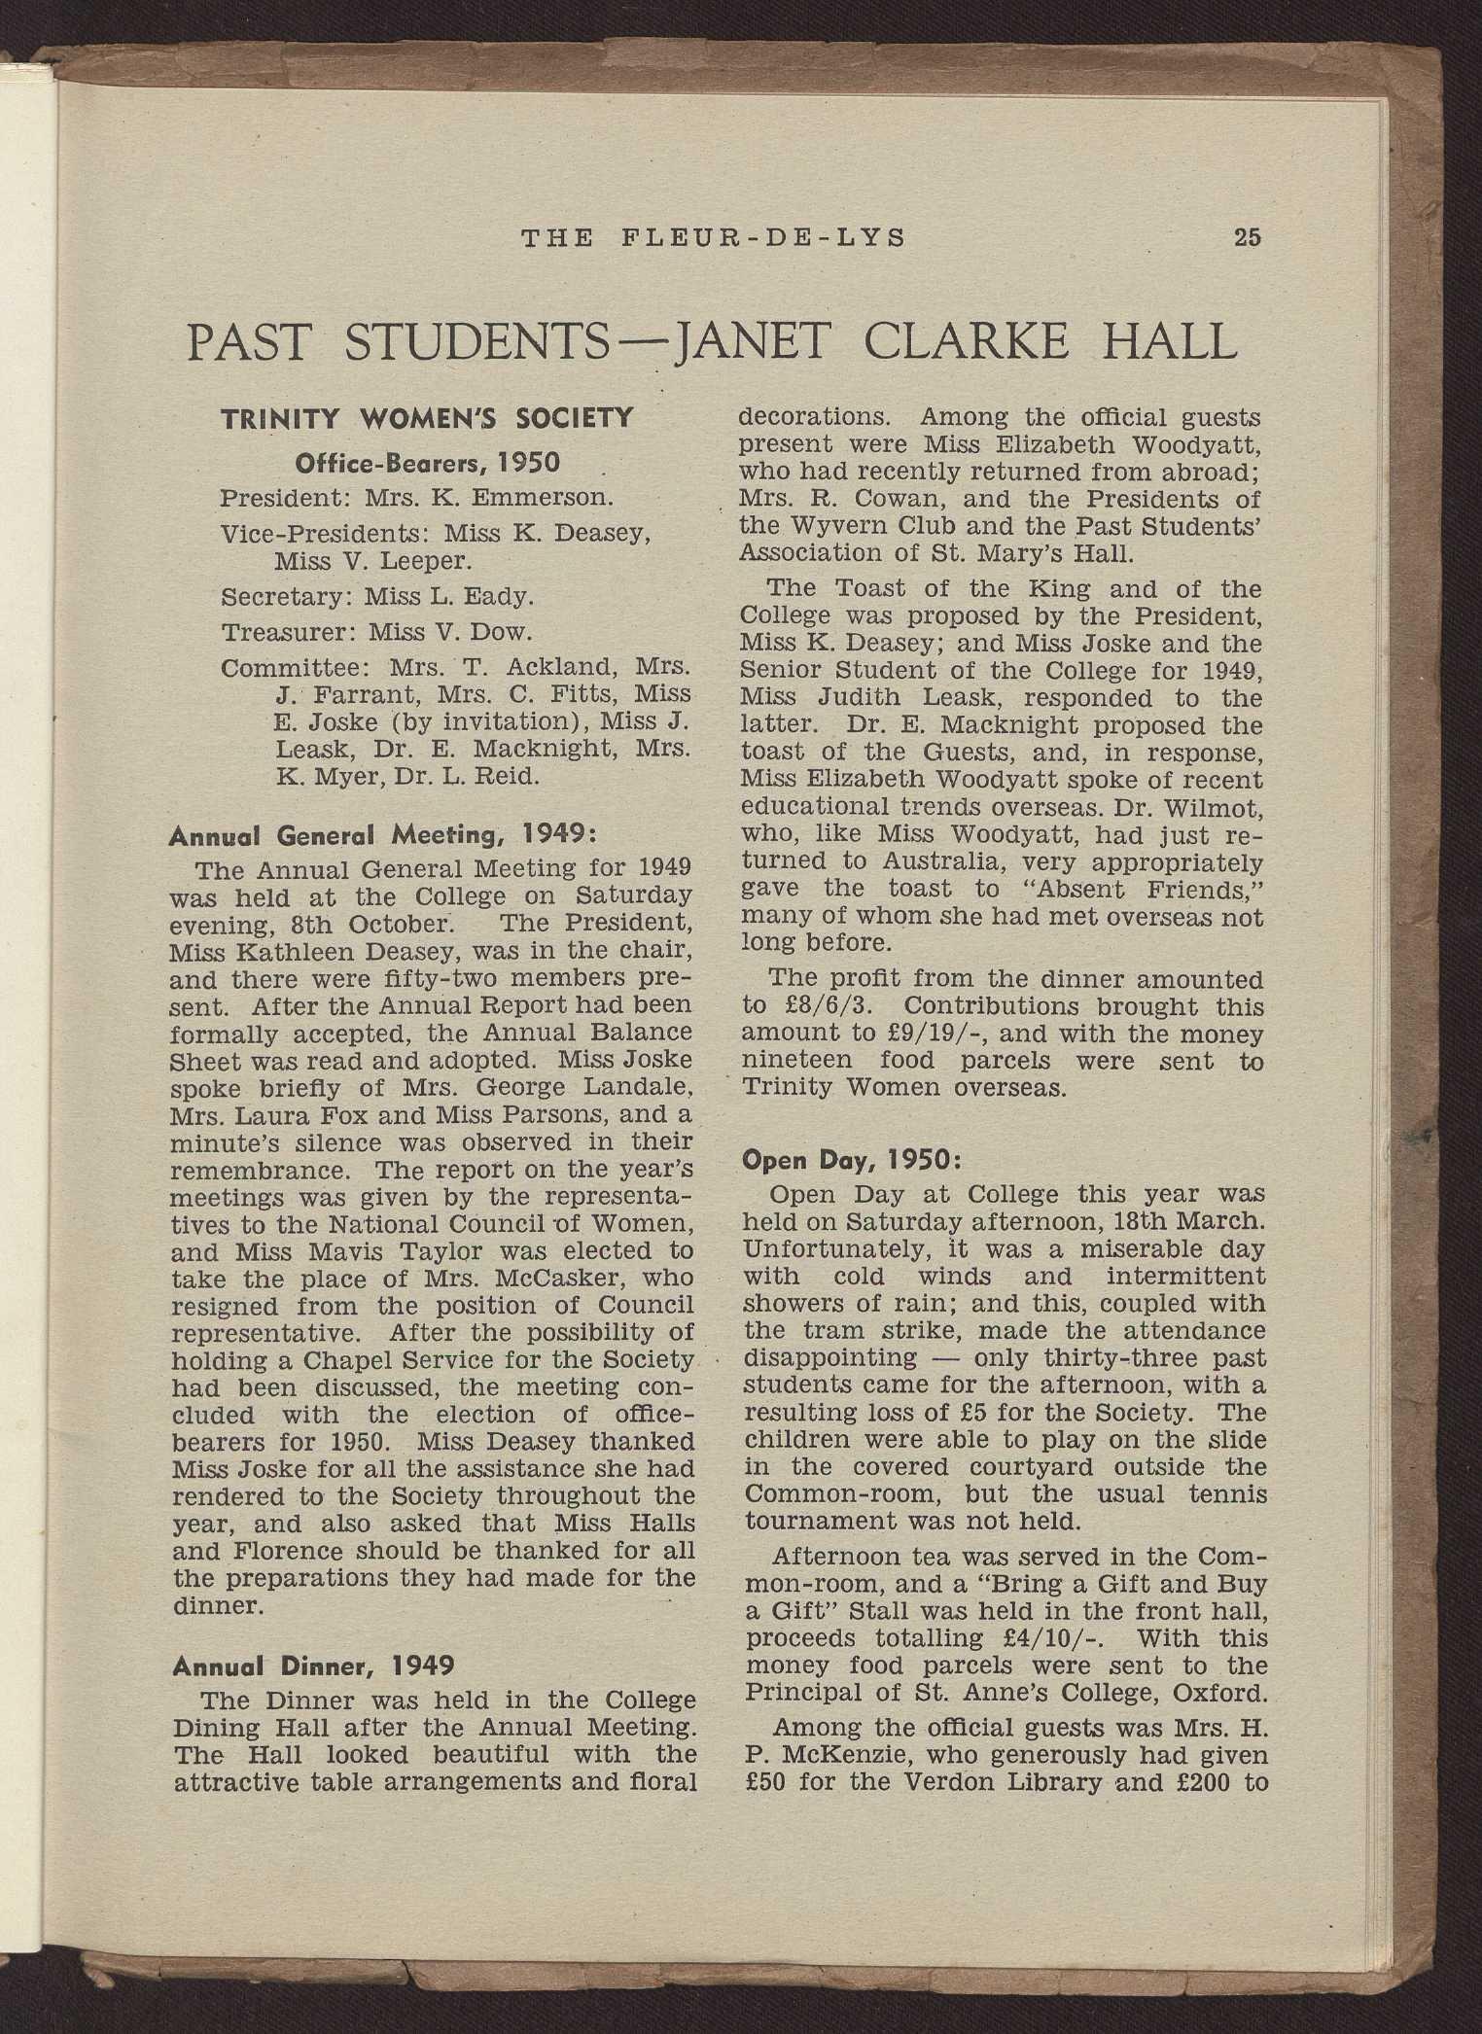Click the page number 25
(1247, 236)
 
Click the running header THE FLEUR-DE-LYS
(714, 236)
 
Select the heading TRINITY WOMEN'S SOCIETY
(428, 420)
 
